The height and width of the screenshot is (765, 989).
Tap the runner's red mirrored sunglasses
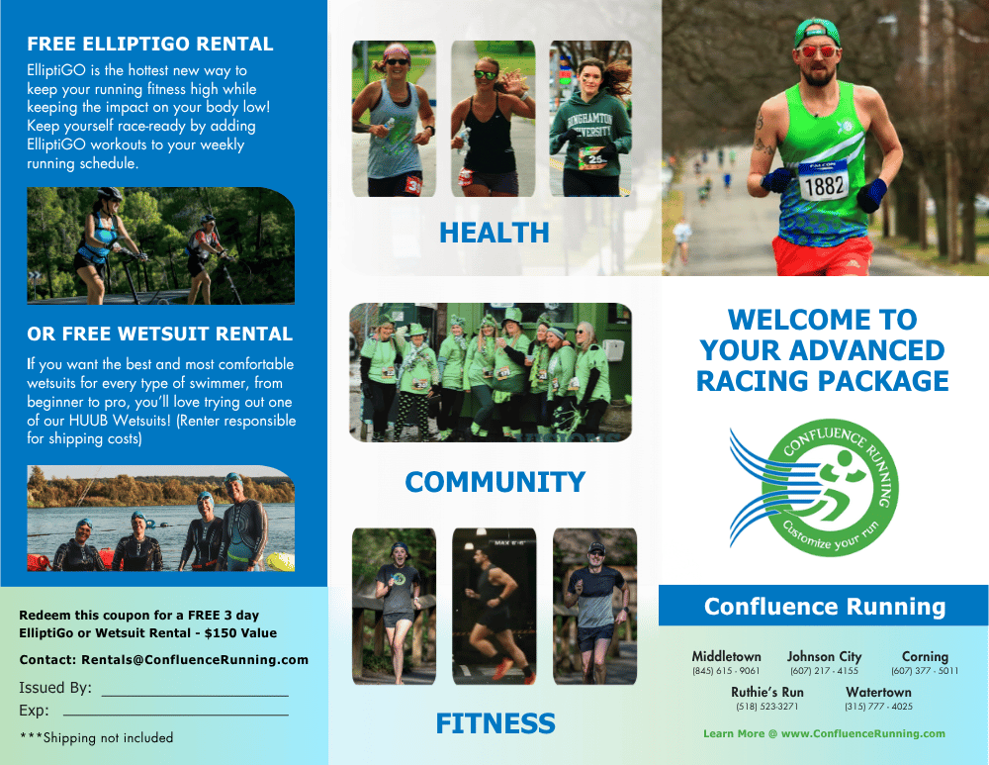[817, 51]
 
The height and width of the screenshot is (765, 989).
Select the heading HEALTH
[494, 233]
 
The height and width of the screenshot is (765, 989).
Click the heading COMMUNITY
[495, 482]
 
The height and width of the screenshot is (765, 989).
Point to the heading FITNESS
[495, 723]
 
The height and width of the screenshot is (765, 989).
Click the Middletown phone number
[726, 670]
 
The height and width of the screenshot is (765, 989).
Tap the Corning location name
[925, 656]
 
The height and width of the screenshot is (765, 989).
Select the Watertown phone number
[878, 707]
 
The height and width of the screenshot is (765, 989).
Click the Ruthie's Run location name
[767, 692]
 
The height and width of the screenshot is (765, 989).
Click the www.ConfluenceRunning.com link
[863, 733]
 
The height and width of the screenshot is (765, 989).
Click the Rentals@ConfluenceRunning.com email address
[195, 659]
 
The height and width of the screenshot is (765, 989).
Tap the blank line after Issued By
[195, 695]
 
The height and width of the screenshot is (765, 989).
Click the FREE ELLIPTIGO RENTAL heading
[150, 44]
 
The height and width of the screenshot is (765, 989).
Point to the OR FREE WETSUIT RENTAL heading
[159, 334]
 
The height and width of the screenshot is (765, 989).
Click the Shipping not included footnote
[97, 737]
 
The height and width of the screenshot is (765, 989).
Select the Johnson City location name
[824, 656]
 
